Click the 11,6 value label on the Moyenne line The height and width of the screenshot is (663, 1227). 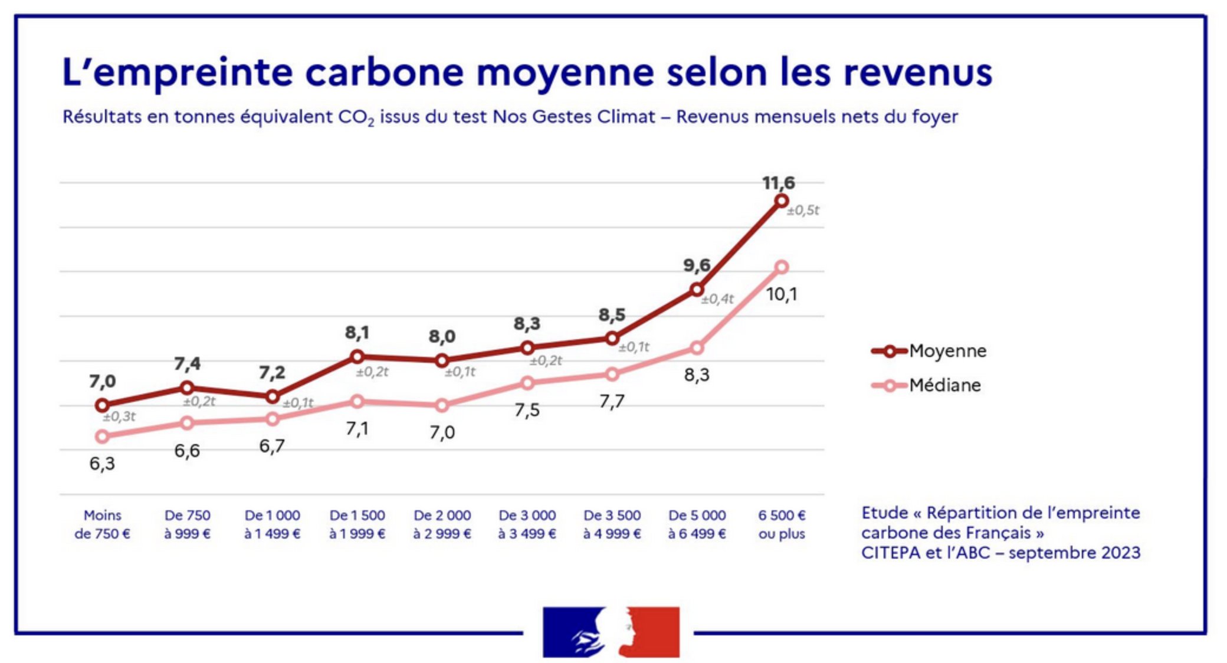778,183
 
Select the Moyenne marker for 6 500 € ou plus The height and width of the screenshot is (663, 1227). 781,201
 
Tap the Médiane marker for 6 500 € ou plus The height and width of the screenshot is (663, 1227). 781,267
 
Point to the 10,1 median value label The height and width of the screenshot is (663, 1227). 781,294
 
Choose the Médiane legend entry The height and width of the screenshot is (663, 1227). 927,385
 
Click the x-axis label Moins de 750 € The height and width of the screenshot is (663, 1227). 102,524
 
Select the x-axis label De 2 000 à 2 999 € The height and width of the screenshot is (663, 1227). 442,524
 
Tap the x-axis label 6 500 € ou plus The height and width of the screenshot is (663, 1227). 782,524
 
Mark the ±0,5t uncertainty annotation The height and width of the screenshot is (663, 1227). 803,211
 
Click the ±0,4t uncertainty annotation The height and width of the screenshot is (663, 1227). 717,300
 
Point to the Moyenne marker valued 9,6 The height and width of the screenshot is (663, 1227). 697,290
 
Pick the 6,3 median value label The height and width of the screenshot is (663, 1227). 102,464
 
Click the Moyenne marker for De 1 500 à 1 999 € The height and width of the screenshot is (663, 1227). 357,356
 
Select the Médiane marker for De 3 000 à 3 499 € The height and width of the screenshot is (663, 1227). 527,383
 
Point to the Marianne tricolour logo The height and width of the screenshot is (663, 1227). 611,632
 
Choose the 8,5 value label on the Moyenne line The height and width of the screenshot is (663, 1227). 612,315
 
